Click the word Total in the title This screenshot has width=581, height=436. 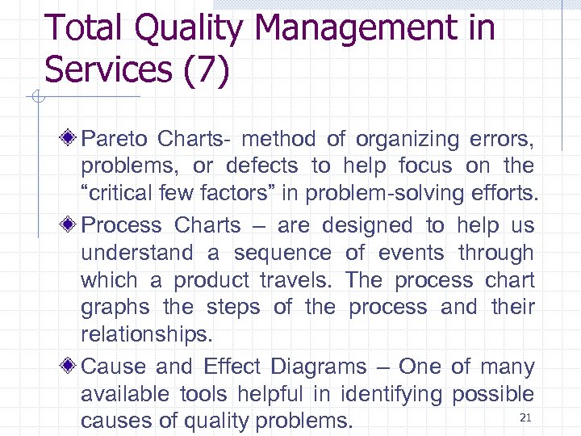(x=86, y=28)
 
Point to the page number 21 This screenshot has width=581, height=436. (x=525, y=417)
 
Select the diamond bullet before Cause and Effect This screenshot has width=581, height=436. (x=71, y=367)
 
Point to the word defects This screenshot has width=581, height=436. (x=262, y=166)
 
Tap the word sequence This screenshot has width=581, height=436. (x=282, y=253)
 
